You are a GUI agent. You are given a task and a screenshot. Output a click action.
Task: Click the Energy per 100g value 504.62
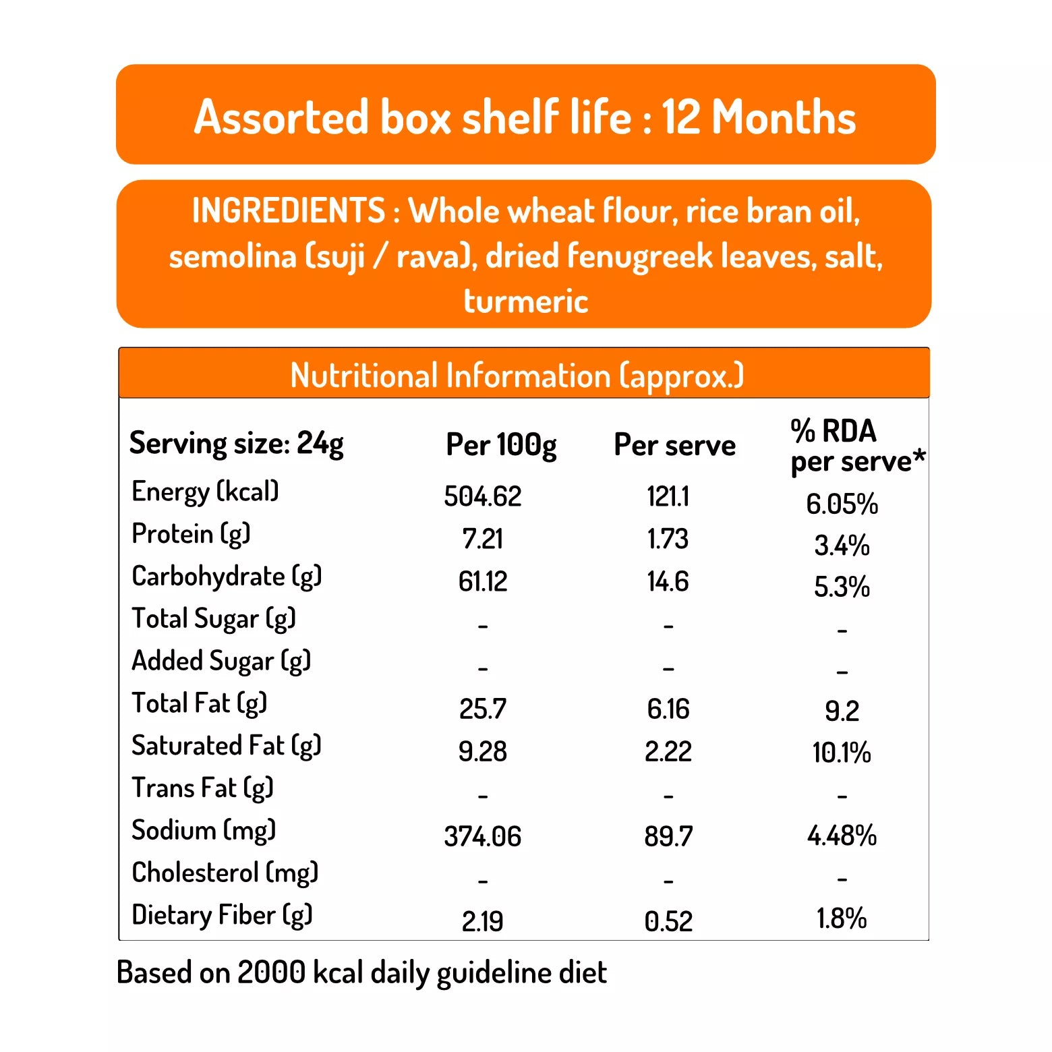click(x=483, y=496)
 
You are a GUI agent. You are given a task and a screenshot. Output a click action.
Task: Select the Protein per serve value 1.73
click(x=668, y=539)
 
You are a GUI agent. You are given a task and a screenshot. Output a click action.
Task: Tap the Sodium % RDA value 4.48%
click(x=842, y=836)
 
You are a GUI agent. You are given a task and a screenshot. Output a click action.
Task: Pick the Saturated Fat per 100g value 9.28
click(x=482, y=751)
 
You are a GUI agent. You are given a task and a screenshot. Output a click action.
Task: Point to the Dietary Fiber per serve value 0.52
click(x=668, y=921)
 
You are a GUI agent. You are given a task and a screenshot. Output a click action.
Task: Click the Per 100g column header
click(x=501, y=445)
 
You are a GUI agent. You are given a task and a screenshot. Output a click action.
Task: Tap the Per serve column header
click(x=674, y=445)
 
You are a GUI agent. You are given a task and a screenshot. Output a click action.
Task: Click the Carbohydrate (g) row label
click(x=227, y=577)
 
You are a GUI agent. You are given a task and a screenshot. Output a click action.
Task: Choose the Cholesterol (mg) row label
click(x=225, y=873)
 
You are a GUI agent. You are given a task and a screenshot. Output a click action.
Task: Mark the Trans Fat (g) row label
click(x=202, y=788)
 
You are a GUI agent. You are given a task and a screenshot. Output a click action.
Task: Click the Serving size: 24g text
click(x=236, y=444)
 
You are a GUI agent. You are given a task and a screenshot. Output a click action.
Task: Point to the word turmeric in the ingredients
click(x=525, y=301)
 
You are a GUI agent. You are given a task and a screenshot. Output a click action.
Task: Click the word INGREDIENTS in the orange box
click(x=289, y=210)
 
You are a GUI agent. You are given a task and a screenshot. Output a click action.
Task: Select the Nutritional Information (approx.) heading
click(x=517, y=376)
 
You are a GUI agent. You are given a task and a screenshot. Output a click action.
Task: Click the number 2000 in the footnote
click(x=271, y=972)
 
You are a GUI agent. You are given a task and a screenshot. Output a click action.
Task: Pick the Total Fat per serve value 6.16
click(x=668, y=709)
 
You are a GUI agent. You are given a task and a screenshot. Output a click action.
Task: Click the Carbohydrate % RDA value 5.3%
click(x=842, y=587)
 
